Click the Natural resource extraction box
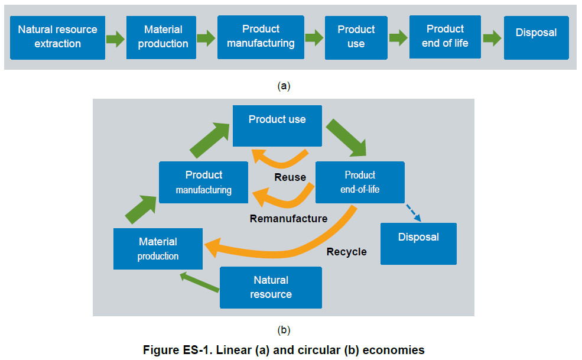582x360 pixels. [x=57, y=37]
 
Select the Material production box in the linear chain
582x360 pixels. [x=163, y=37]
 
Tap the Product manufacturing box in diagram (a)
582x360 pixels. [x=261, y=37]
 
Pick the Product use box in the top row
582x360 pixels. [x=356, y=37]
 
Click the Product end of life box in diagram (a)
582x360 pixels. [x=445, y=36]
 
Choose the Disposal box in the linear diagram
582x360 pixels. [x=536, y=33]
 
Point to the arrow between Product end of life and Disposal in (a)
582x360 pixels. [x=492, y=38]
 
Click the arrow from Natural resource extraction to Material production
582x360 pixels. [x=115, y=40]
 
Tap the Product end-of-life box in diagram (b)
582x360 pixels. [x=360, y=182]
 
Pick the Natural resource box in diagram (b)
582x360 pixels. [x=271, y=287]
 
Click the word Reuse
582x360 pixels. [x=290, y=177]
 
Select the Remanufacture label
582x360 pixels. [x=288, y=219]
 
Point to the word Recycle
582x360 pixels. [x=346, y=252]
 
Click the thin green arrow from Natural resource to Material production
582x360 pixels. [x=200, y=281]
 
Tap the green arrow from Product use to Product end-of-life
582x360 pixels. [x=346, y=138]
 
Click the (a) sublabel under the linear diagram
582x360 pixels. [x=284, y=86]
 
